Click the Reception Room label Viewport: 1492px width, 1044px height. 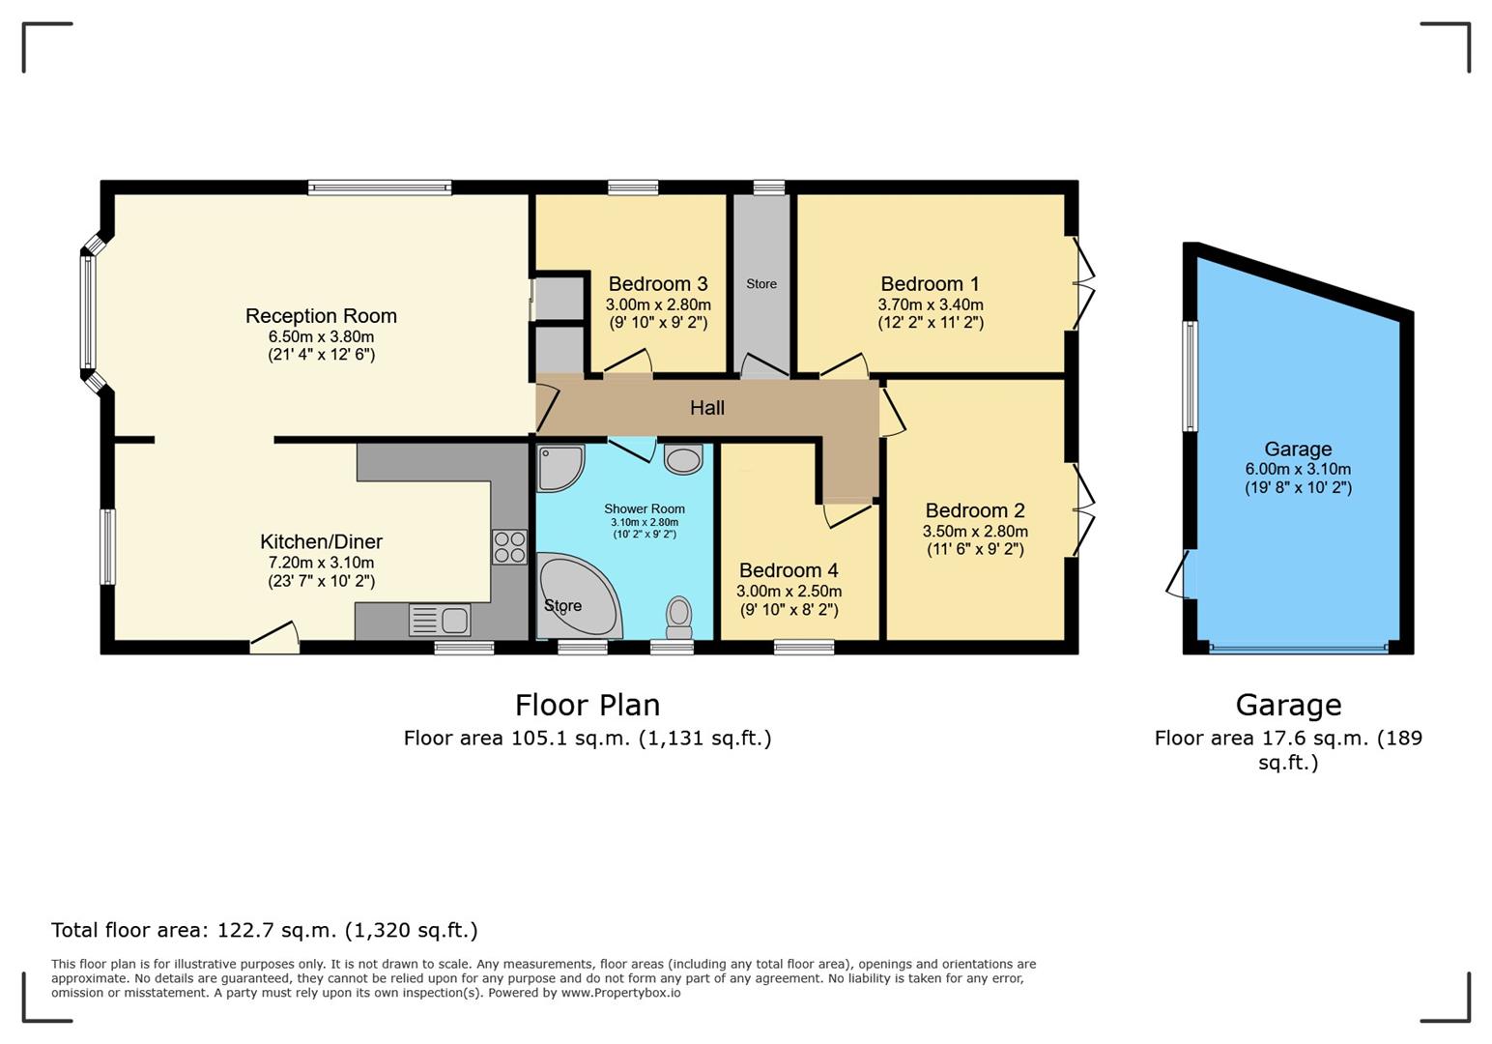coord(321,316)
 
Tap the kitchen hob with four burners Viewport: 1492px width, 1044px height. coord(509,547)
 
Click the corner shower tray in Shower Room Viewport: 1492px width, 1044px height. coord(560,469)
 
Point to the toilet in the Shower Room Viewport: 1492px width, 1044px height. coord(678,617)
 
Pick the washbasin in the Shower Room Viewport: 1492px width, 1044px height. coord(683,459)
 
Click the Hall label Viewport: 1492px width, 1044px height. coord(706,408)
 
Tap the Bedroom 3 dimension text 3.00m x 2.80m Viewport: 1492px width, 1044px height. coord(658,305)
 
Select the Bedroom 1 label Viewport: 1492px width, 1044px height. coord(930,284)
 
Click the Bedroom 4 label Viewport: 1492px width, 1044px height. coord(789,570)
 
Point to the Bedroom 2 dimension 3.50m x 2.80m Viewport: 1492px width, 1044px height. coord(975,532)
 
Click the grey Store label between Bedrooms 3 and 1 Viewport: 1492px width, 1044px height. coord(761,284)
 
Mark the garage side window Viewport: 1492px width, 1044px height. coord(1191,376)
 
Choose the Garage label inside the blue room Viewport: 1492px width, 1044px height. coord(1298,449)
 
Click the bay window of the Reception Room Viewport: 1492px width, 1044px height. coord(91,312)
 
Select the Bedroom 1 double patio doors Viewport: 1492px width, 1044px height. coord(1081,284)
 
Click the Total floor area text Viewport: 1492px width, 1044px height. coord(265,931)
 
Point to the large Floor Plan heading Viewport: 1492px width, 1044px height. coord(588,706)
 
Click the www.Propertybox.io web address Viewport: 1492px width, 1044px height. coord(620,993)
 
